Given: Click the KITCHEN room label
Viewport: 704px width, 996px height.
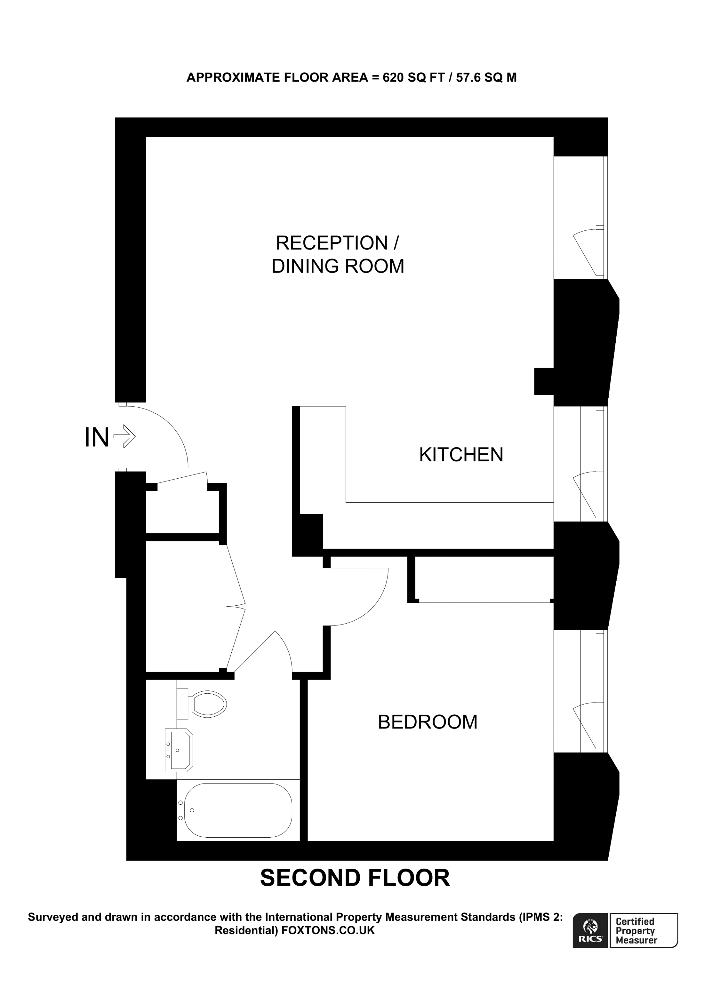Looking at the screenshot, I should click(x=461, y=455).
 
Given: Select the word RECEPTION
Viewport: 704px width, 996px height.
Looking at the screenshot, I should click(x=332, y=243).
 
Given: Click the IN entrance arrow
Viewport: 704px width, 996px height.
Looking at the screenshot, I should click(x=124, y=436).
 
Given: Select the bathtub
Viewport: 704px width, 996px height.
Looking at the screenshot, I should click(x=238, y=810).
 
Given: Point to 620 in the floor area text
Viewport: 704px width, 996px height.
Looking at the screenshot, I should click(x=393, y=78).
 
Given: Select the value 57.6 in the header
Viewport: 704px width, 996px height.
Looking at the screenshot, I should click(x=468, y=78).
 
